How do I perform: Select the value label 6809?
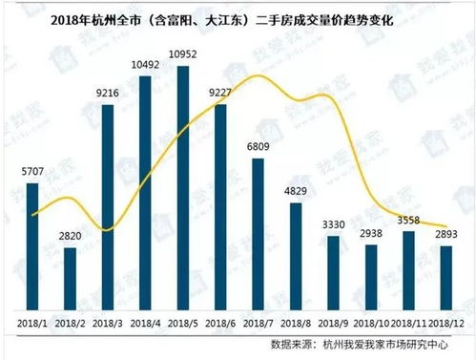[259, 147]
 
